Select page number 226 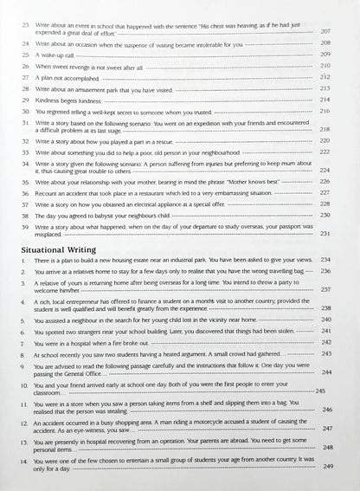(325, 181)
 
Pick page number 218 (325, 129)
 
